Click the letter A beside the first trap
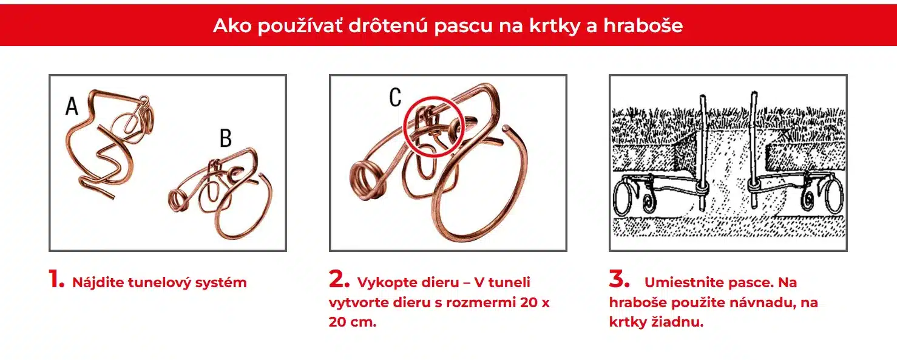[x=72, y=106]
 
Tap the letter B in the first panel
[x=226, y=138]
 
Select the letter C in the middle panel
[x=395, y=97]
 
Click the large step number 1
[x=56, y=279]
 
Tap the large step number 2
[x=339, y=279]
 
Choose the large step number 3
[x=619, y=279]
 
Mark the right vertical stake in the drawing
[x=754, y=150]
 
